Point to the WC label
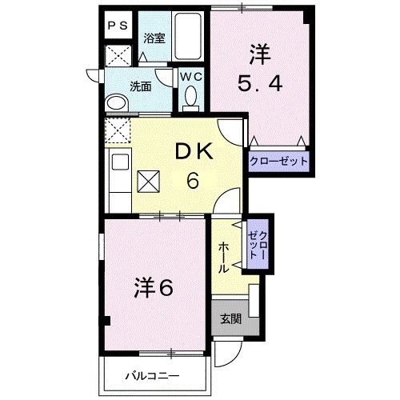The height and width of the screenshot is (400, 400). click(x=190, y=77)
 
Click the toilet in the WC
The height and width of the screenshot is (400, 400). click(x=190, y=98)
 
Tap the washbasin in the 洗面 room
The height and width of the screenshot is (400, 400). click(x=116, y=104)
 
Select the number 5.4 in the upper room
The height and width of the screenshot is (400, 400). click(x=258, y=84)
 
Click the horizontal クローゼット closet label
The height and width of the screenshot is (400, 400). click(x=278, y=161)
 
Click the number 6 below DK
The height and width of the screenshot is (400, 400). click(x=193, y=180)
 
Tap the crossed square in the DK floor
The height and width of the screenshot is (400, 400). click(x=149, y=183)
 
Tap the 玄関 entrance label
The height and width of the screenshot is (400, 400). click(x=230, y=319)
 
